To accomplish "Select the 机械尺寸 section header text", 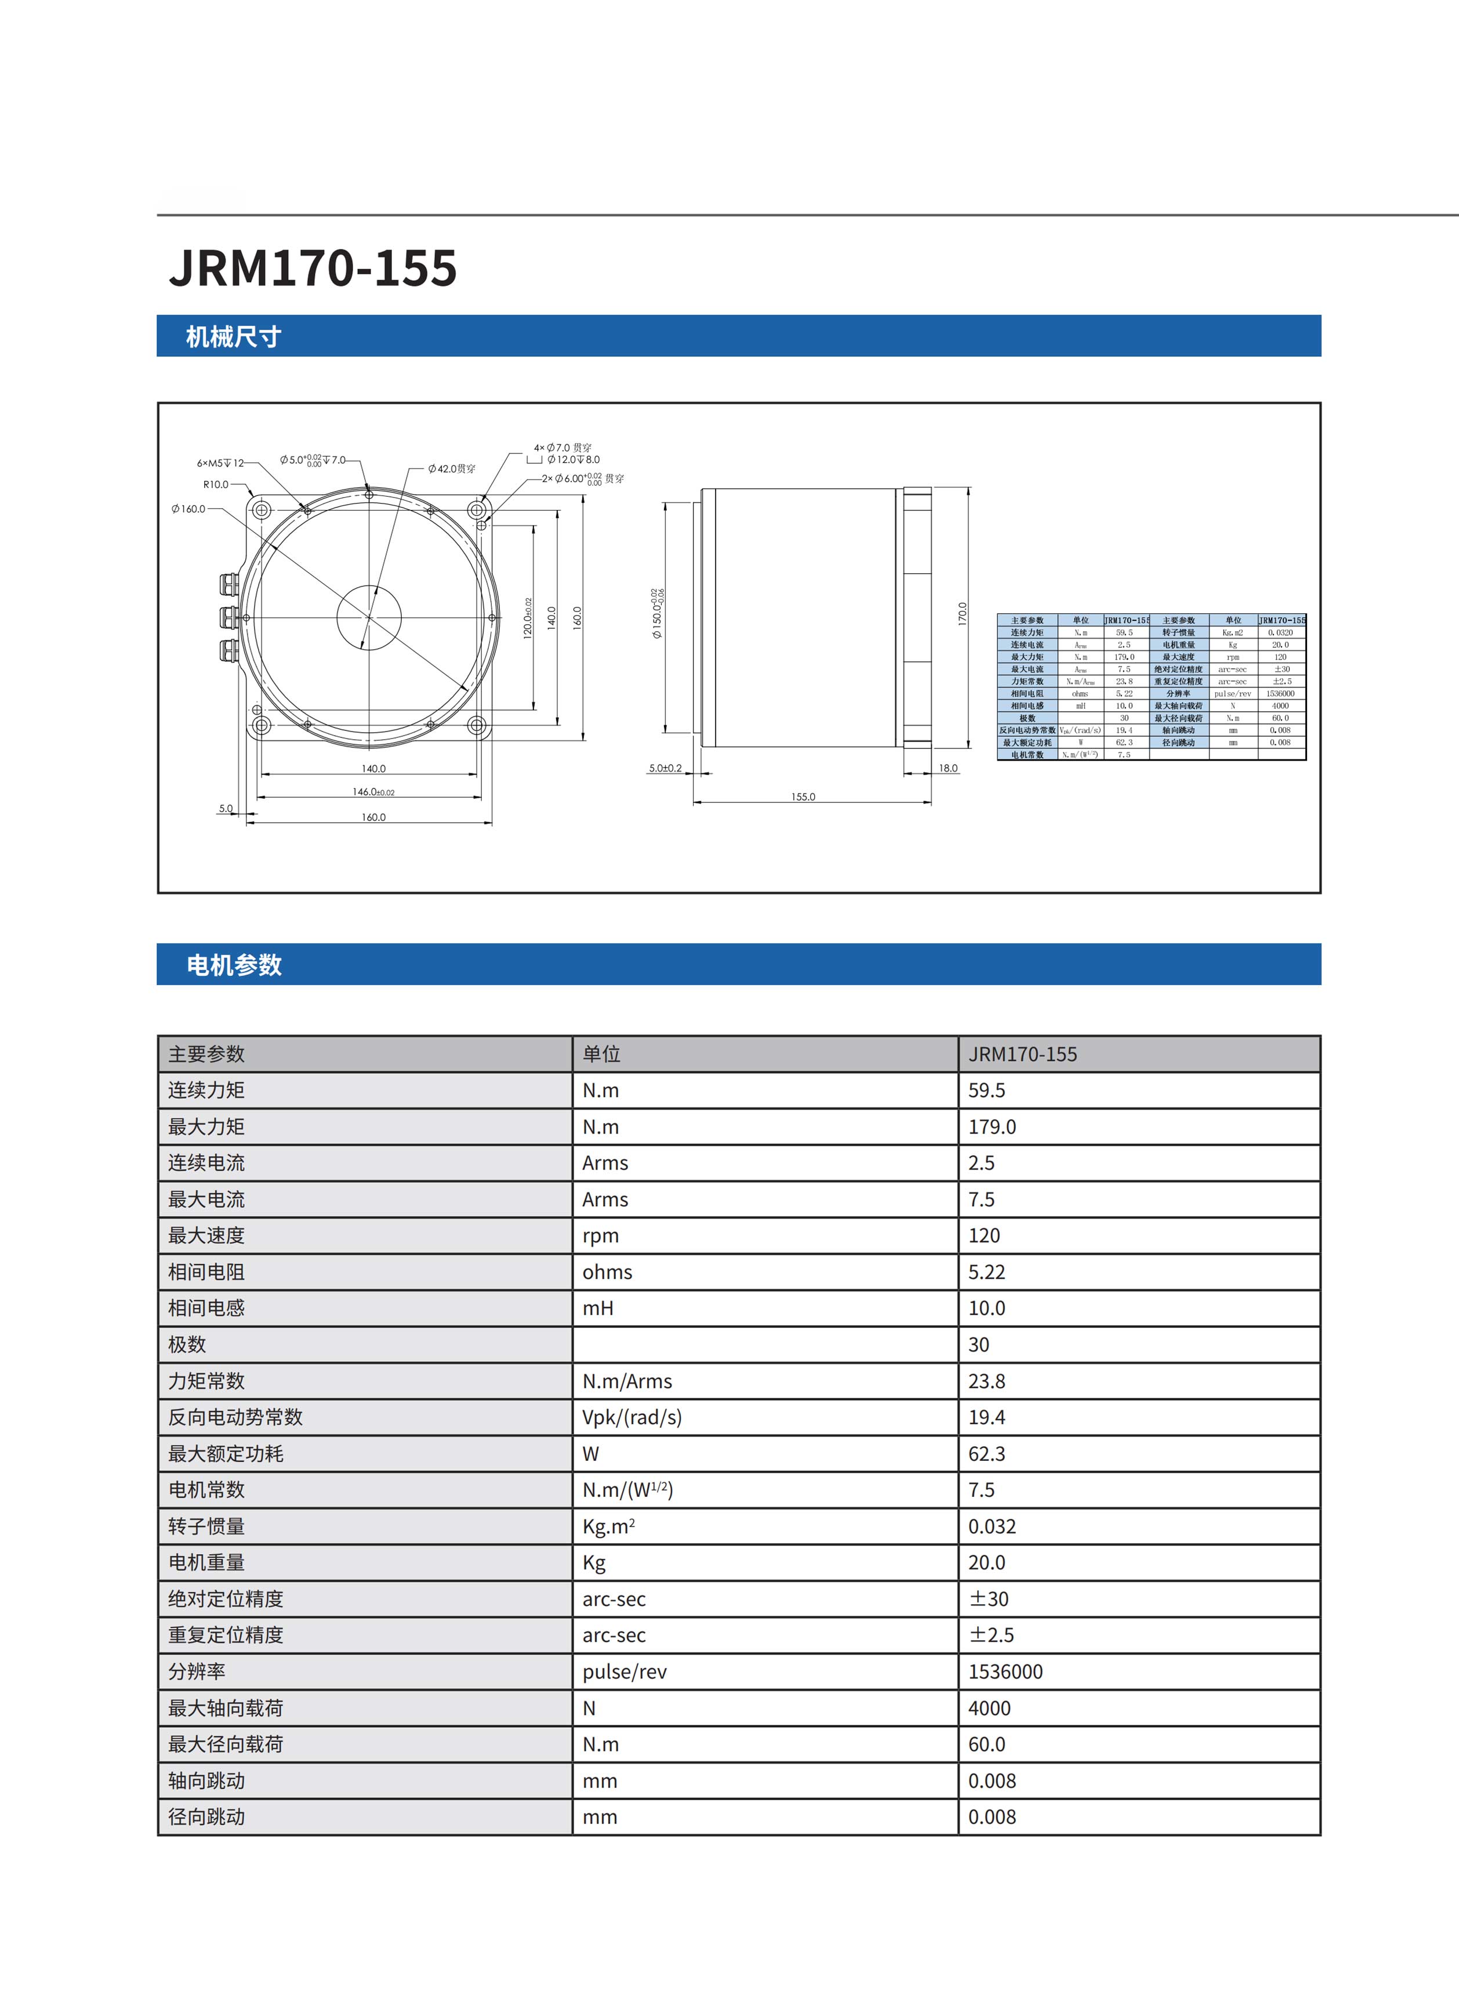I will point(233,336).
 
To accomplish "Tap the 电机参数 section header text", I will point(233,965).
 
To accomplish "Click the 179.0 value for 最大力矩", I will point(992,1127).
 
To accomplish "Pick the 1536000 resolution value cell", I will point(1005,1671).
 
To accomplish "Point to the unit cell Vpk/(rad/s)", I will point(631,1417).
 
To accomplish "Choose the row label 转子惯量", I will point(206,1526).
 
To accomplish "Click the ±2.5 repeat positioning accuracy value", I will point(991,1634).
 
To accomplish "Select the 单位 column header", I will point(601,1054).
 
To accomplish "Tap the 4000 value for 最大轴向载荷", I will point(989,1708).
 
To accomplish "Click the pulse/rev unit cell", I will point(625,1671).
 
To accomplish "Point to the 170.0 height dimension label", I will point(963,614).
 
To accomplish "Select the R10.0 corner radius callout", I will point(216,484).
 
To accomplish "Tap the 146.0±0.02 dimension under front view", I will point(373,791).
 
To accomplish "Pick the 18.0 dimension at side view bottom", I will point(948,768).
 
